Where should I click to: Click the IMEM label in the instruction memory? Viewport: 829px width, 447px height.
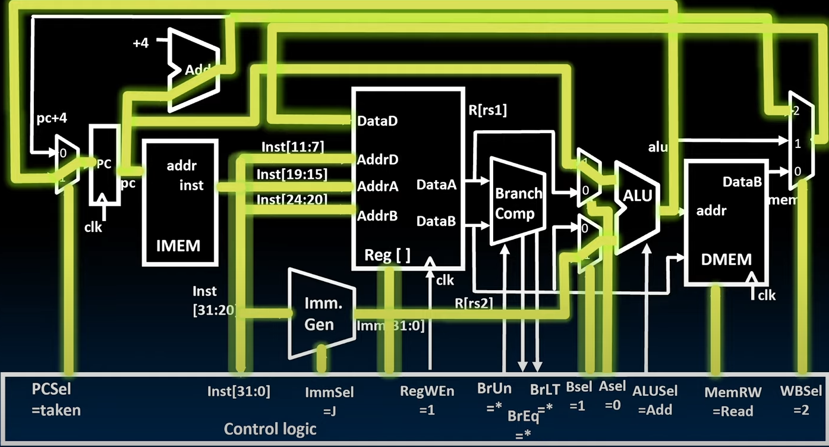point(178,245)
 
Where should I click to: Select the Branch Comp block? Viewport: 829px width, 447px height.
point(517,202)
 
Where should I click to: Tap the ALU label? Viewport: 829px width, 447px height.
point(638,196)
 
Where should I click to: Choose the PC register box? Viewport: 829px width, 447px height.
point(104,165)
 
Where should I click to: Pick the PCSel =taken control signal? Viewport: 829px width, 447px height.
point(56,399)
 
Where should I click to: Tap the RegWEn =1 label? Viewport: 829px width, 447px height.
point(428,400)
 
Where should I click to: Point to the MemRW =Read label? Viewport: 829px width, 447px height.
point(729,401)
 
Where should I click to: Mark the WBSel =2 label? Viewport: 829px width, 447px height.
point(800,400)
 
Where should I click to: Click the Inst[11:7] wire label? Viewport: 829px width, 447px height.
point(292,146)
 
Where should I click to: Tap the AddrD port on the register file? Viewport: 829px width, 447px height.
point(377,159)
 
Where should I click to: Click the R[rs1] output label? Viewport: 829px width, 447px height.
point(487,110)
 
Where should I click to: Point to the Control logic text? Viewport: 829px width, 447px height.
point(270,429)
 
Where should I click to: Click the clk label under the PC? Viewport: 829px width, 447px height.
point(93,226)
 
